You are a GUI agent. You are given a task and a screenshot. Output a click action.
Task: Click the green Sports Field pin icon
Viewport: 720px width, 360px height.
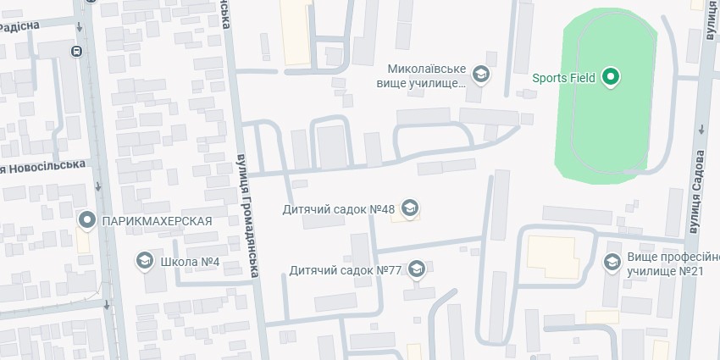click(x=611, y=78)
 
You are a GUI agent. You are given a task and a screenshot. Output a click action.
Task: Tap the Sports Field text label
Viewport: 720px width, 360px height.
click(x=563, y=78)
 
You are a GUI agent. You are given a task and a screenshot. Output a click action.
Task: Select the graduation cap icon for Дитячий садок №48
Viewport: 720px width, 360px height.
click(x=410, y=208)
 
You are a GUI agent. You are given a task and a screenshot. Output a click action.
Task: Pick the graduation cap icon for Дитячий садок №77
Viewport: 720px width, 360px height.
click(x=416, y=270)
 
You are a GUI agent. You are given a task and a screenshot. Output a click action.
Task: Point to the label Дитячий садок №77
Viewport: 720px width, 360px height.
click(x=345, y=270)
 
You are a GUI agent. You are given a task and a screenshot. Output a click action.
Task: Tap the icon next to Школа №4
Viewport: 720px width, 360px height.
click(x=144, y=261)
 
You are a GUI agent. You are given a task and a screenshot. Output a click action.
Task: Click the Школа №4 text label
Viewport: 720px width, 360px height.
click(x=190, y=261)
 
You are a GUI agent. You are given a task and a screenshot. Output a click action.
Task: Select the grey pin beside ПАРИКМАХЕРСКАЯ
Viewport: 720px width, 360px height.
click(x=86, y=221)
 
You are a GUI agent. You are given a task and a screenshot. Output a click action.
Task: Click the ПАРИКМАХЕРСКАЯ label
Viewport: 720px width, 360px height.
click(x=156, y=221)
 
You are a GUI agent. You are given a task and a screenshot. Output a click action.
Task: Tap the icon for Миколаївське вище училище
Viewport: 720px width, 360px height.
click(x=481, y=76)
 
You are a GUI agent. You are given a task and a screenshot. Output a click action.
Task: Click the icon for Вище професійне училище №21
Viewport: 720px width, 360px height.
click(x=612, y=263)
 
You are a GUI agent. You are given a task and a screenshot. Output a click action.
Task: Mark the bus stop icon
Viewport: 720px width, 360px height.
click(x=77, y=51)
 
